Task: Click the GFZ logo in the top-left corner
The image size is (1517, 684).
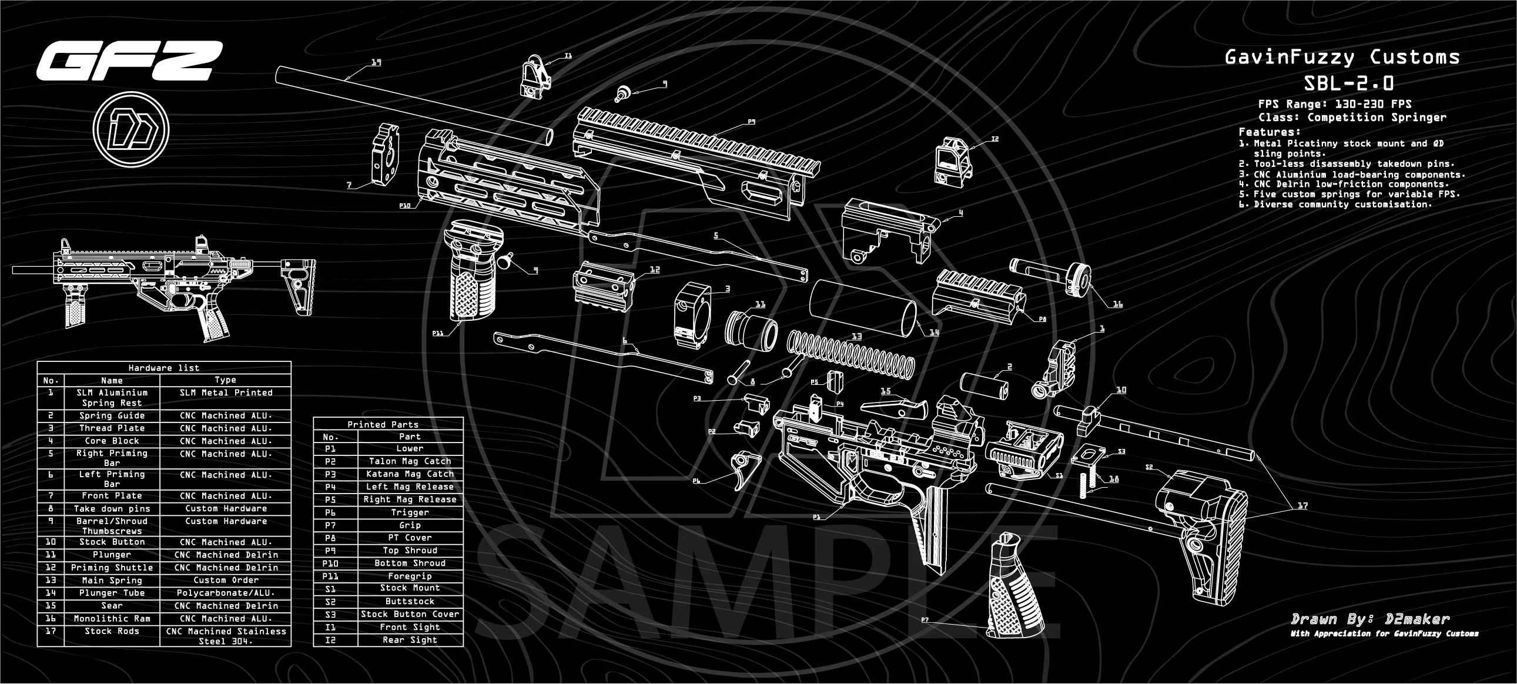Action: (x=128, y=61)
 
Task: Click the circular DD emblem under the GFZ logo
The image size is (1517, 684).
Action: (x=130, y=129)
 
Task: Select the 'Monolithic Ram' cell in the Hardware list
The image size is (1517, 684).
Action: (x=112, y=619)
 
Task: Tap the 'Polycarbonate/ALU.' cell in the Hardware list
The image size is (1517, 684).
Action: (x=226, y=593)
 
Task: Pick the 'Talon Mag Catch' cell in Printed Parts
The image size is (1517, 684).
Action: (x=410, y=461)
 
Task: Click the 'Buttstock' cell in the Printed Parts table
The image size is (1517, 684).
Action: (x=410, y=602)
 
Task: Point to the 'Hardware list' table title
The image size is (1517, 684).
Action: (x=164, y=368)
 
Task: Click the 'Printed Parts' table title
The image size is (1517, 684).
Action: (x=383, y=424)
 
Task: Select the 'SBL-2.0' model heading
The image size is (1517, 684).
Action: (x=1348, y=83)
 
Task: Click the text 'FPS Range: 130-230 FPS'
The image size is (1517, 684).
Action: (x=1334, y=104)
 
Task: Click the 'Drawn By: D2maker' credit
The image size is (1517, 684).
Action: (x=1370, y=619)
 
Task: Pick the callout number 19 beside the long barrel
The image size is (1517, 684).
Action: (x=376, y=62)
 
